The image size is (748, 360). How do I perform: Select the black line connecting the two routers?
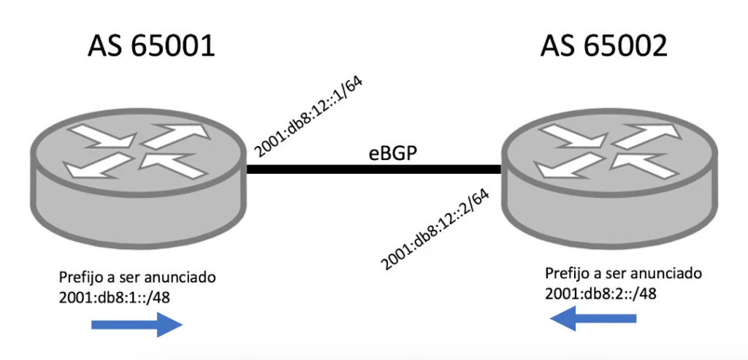(x=374, y=169)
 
